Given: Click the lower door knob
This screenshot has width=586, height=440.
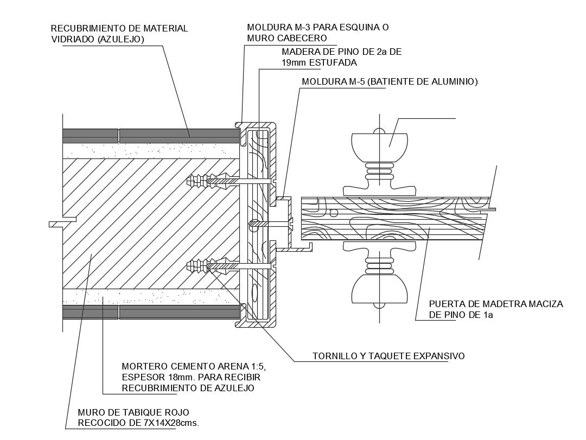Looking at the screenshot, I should click(379, 288).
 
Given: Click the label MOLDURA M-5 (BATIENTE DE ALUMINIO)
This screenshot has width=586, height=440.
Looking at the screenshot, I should click(389, 82).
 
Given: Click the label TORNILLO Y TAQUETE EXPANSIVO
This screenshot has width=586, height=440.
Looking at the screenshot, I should click(388, 356).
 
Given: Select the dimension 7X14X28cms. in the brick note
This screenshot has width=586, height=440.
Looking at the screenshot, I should click(165, 423).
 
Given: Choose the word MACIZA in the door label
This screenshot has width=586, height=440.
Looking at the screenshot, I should click(544, 304).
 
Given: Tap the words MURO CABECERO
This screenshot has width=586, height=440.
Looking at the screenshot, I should click(287, 38).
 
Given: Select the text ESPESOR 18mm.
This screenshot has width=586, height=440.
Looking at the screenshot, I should click(158, 377).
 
